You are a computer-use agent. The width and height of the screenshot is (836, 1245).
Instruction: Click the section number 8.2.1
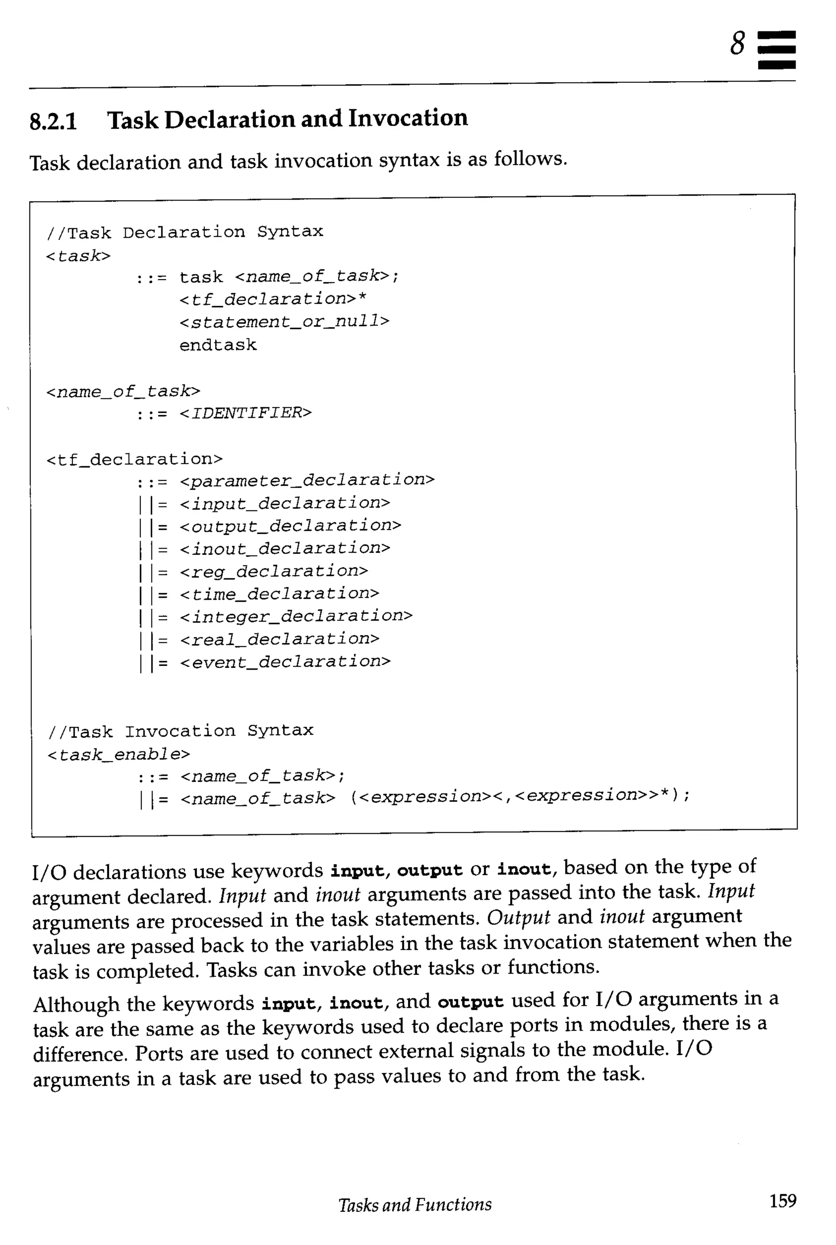tap(53, 121)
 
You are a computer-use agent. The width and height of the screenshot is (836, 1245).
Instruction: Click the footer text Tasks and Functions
tap(415, 1204)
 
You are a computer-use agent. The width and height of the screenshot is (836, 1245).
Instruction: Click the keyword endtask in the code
tap(218, 345)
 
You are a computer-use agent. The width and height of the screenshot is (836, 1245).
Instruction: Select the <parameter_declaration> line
tap(307, 480)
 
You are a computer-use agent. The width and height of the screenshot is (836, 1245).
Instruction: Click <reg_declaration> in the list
tap(274, 571)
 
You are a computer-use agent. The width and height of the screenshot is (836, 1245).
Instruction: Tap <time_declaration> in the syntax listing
tap(279, 594)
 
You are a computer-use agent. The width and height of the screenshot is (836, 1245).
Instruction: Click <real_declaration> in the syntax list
tap(279, 639)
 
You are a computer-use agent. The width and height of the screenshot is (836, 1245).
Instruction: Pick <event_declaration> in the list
tap(285, 662)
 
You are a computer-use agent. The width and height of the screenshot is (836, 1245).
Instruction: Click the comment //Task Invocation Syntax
tap(181, 731)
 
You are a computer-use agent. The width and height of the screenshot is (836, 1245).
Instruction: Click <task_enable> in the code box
tap(118, 754)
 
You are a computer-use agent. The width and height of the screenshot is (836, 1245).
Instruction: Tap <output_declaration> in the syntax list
tap(291, 526)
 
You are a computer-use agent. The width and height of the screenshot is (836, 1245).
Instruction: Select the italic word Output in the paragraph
tap(518, 917)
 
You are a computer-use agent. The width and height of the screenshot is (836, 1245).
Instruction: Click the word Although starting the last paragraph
tap(76, 1005)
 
